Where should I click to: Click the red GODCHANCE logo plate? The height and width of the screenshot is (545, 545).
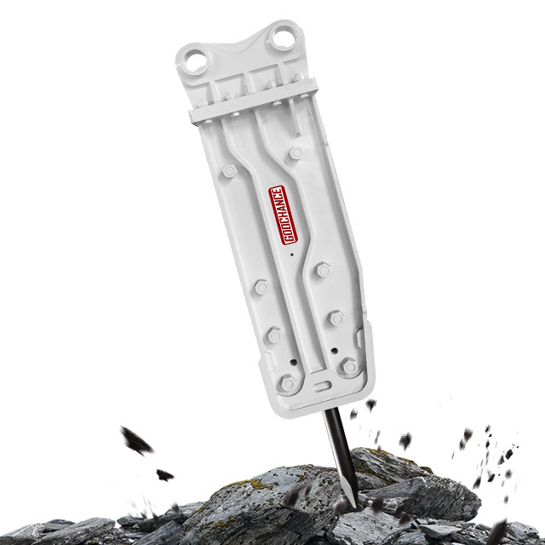283,215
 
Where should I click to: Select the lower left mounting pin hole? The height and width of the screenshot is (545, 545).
195,62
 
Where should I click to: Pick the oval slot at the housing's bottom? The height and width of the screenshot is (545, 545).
322,386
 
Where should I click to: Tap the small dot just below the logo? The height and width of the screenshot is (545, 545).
291,255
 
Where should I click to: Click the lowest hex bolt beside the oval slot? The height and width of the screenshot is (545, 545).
288,383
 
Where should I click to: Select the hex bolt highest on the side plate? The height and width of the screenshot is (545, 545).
295,152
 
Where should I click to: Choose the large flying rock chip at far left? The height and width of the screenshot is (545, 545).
136,440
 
